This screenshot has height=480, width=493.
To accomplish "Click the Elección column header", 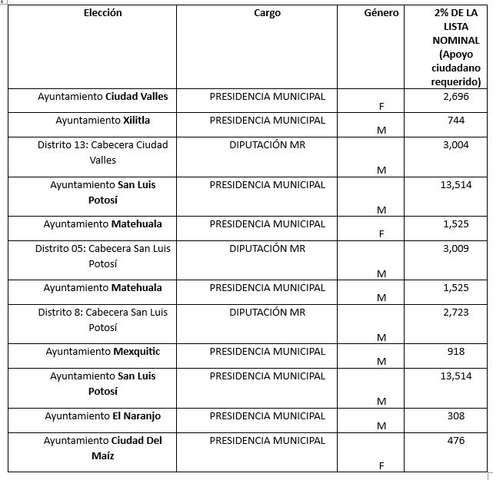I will (x=102, y=13).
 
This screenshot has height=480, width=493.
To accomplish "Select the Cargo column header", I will (x=267, y=13).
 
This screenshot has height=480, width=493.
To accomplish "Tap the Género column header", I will (x=381, y=13).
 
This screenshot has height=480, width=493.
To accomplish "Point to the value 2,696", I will (x=455, y=97).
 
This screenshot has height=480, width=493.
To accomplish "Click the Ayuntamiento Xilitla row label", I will (x=102, y=121).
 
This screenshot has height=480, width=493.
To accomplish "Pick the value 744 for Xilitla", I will (x=455, y=121).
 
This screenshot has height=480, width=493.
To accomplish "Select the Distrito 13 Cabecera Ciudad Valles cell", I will (x=102, y=152).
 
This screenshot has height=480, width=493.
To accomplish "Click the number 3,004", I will (x=455, y=145).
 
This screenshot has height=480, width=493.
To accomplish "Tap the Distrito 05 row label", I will (x=102, y=256).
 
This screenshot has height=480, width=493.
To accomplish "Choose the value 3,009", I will (x=455, y=249).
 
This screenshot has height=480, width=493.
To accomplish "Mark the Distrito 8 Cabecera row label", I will (x=102, y=319).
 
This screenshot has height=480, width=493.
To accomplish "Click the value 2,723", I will (x=455, y=313).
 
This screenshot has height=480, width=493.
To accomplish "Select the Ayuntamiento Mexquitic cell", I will (x=102, y=352).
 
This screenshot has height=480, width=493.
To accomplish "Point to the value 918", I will (x=455, y=352).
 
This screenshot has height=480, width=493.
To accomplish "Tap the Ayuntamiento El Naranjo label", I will (x=102, y=416).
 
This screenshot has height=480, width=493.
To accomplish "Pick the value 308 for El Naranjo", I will (x=455, y=416).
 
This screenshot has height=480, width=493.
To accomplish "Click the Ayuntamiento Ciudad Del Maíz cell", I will (x=102, y=448).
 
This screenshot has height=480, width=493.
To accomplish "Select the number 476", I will (x=455, y=441).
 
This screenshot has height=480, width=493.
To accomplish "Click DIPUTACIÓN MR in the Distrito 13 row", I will (x=267, y=145).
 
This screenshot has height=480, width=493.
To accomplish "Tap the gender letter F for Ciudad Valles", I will (x=381, y=107).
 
